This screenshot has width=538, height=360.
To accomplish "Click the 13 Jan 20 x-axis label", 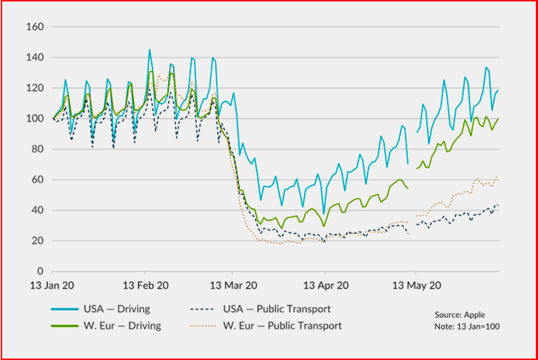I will (52, 285).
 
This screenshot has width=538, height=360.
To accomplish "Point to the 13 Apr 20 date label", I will (325, 285).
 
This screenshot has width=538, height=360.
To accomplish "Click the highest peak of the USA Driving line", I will (150, 49).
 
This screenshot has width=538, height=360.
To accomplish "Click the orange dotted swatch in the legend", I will (205, 326).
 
